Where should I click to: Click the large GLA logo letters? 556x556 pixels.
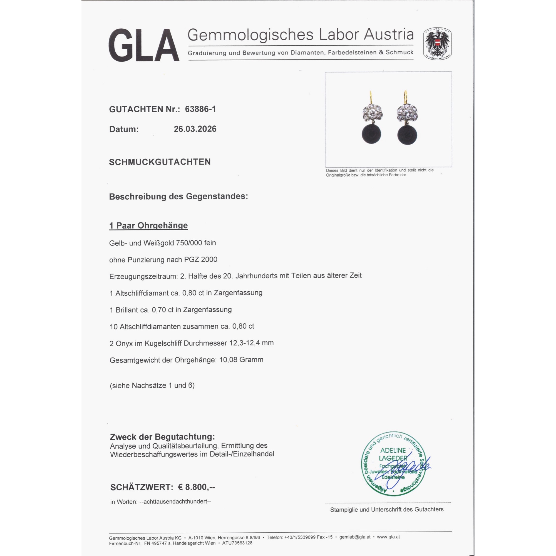[x=144, y=45]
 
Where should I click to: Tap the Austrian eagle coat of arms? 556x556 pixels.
[x=437, y=44]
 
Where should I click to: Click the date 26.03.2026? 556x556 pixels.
[x=195, y=129]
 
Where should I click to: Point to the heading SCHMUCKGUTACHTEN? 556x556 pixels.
[x=160, y=162]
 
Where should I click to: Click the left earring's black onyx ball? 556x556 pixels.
[x=371, y=134]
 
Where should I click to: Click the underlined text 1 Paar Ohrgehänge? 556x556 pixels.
[x=148, y=225]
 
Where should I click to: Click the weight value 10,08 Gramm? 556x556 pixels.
[x=241, y=360]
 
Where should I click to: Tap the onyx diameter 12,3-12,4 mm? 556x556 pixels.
[x=251, y=343]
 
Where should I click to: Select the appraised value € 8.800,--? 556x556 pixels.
[x=196, y=487]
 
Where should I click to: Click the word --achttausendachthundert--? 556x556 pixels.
[x=175, y=502]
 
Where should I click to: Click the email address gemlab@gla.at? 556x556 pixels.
[x=355, y=537]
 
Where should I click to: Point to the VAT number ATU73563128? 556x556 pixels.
[x=237, y=543]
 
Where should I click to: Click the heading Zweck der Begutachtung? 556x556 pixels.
[x=162, y=436]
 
